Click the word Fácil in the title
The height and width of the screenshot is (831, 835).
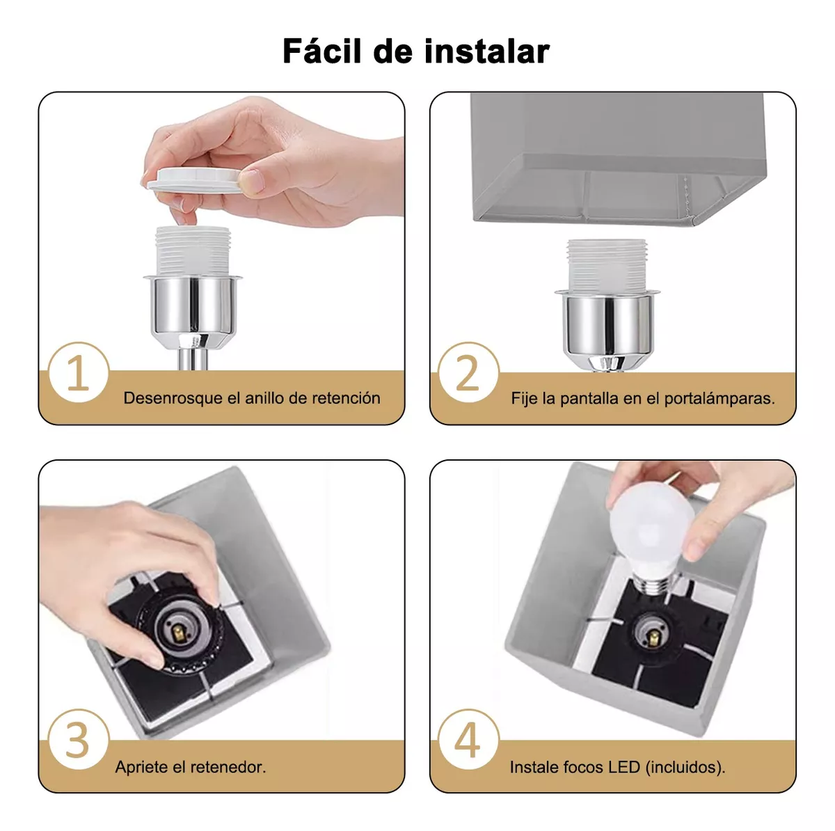click(322, 52)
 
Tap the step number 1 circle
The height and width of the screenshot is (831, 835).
click(78, 373)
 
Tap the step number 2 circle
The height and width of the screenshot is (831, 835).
click(468, 373)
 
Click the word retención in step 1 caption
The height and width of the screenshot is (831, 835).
click(346, 398)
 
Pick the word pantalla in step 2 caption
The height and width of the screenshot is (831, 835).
click(589, 399)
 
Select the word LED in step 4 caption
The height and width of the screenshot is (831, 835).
click(624, 767)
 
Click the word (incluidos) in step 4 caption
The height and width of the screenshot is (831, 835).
click(685, 767)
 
